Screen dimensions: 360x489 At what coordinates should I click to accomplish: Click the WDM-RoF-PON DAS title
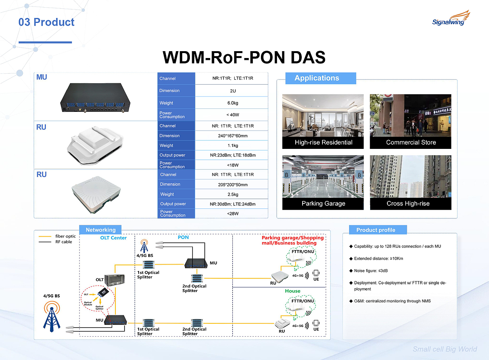coord(244,57)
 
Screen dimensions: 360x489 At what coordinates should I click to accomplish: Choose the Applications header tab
coord(317,78)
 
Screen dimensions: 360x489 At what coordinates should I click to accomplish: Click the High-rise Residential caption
coord(323,142)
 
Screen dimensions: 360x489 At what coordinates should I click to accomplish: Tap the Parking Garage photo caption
coord(323,203)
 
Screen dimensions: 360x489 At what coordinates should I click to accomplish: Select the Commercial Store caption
coord(411,142)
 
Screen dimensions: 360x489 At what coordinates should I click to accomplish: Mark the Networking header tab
coord(100,230)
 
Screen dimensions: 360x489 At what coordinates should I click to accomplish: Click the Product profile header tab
coord(376,230)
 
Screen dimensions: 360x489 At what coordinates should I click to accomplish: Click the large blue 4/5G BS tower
coord(52,315)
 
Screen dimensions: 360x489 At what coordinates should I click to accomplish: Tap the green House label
coord(293,291)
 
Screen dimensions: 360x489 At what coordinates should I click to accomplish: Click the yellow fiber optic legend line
coord(45,236)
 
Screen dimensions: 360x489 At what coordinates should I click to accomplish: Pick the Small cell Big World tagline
coord(445,349)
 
